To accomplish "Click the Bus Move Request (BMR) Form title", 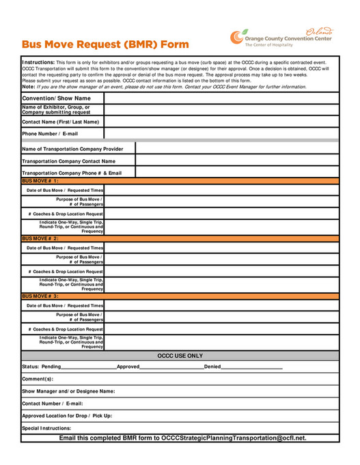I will [x=105, y=44].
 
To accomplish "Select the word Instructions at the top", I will [x=38, y=61].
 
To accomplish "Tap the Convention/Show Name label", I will [x=56, y=98].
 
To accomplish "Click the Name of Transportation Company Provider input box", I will [x=236, y=148].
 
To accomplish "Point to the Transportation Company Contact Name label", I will [x=68, y=161].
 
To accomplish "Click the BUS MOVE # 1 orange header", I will [x=40, y=181].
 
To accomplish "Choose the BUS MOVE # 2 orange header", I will [x=40, y=238].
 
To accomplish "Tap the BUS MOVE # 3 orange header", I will [x=40, y=296].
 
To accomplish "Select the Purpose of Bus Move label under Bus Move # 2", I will [x=79, y=259].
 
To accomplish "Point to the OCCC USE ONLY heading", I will [x=180, y=356].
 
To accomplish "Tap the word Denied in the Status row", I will [x=212, y=367].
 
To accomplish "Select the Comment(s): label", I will [x=38, y=379].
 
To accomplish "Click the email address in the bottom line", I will [x=234, y=438].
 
